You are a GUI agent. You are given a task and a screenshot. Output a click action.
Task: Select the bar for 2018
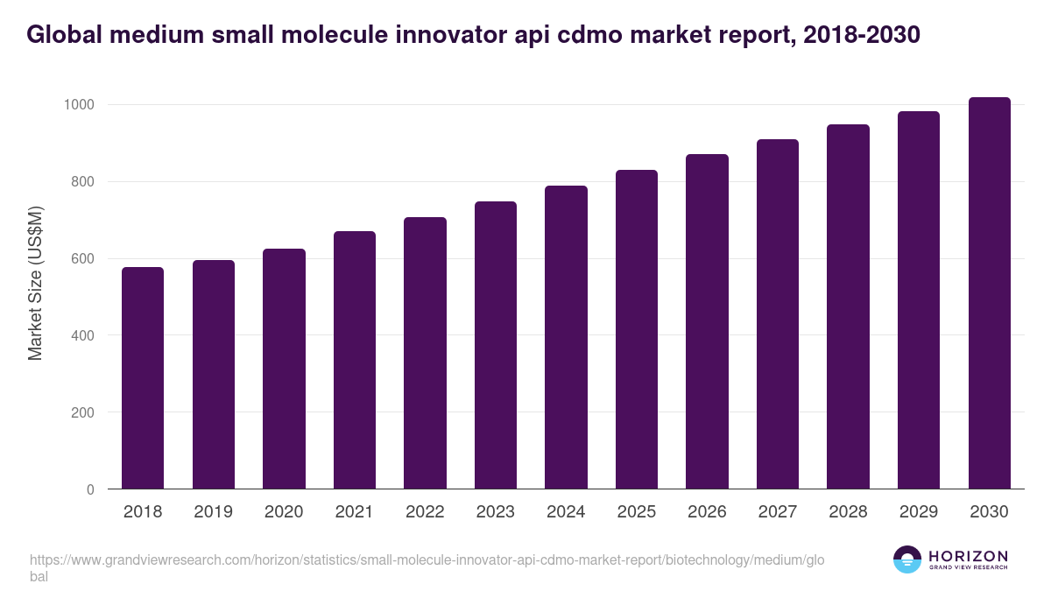pyautogui.click(x=143, y=378)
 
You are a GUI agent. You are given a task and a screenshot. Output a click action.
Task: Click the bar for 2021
pyautogui.click(x=354, y=360)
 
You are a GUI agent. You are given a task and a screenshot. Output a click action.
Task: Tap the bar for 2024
pyautogui.click(x=566, y=337)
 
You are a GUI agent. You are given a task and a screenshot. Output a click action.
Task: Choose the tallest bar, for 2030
pyautogui.click(x=989, y=293)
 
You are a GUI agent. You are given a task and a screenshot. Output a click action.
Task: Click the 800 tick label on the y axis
pyautogui.click(x=81, y=182)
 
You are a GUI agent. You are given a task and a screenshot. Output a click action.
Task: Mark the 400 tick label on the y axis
pyautogui.click(x=81, y=335)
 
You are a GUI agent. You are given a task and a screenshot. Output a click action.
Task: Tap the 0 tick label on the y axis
pyautogui.click(x=90, y=489)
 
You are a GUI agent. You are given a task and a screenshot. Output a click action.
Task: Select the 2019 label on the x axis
pyautogui.click(x=214, y=512)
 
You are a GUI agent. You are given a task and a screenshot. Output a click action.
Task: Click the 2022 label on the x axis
pyautogui.click(x=425, y=512)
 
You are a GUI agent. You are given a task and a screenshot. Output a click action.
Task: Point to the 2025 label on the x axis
pyautogui.click(x=637, y=512)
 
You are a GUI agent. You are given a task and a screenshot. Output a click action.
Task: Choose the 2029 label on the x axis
pyautogui.click(x=919, y=512)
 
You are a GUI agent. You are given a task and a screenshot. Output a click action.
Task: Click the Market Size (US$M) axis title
pyautogui.click(x=36, y=283)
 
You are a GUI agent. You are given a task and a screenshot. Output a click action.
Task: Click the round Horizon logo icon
pyautogui.click(x=906, y=559)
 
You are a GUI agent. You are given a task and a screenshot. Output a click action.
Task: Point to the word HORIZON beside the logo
pyautogui.click(x=968, y=555)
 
